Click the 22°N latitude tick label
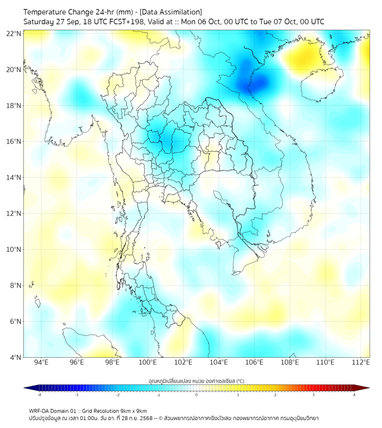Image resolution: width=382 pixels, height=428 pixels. click(x=14, y=34)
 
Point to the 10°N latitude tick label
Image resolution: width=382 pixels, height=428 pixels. click(x=14, y=250)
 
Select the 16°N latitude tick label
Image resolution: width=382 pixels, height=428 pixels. click(x=14, y=142)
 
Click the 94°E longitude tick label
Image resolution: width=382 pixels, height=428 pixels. click(x=41, y=362)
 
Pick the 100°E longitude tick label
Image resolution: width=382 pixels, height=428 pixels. click(x=148, y=362)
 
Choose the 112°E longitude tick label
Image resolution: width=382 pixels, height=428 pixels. click(x=361, y=362)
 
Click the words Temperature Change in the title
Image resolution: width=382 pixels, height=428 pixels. click(x=60, y=12)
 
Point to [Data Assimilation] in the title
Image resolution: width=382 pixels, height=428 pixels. click(x=170, y=12)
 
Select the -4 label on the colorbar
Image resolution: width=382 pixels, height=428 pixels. click(x=38, y=395)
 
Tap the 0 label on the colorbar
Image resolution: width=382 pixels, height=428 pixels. click(x=197, y=395)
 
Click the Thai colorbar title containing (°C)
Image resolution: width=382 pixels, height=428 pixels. click(x=197, y=380)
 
